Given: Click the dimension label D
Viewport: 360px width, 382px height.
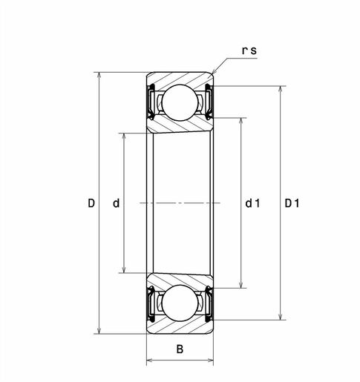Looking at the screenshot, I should pos(91,202).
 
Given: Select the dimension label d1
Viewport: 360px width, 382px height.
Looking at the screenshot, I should pos(252,202).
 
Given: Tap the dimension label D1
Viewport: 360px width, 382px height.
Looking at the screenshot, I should pos(292,202).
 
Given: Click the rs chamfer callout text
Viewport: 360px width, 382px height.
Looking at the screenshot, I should pos(249,50).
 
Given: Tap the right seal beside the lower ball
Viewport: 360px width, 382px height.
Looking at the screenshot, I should pos(209,303).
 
